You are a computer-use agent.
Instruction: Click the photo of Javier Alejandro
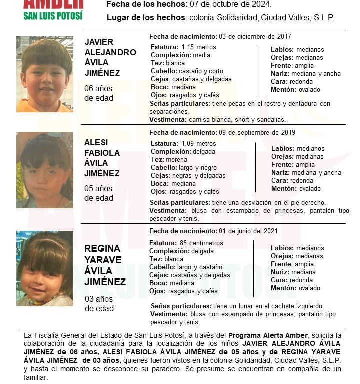pos(45,74)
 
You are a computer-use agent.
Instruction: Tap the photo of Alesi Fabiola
pos(45,170)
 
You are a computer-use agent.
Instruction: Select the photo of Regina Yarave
pos(45,268)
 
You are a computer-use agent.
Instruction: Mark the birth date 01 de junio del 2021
pos(252,231)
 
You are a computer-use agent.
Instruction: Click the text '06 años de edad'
pos(99,93)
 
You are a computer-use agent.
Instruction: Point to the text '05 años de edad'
pos(99,193)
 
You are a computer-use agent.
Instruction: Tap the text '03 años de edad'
pos(99,304)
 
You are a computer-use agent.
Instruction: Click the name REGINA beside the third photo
pos(102,249)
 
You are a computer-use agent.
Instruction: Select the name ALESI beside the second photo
pos(96,142)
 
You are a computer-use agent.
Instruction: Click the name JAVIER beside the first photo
pos(99,42)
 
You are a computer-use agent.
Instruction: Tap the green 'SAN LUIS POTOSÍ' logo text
pos(53,15)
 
